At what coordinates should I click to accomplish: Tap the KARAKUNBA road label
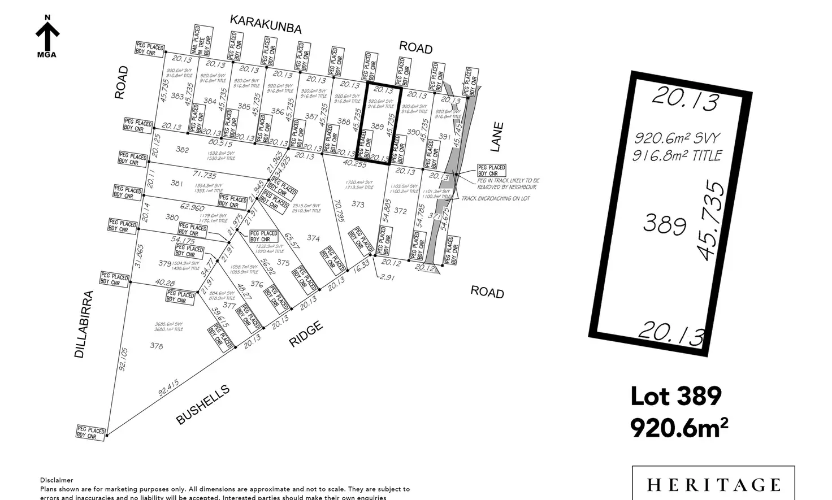coord(266,24)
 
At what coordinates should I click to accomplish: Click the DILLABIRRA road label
coord(83,324)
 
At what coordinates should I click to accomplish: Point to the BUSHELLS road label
coord(203,404)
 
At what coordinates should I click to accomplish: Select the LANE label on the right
coord(496,137)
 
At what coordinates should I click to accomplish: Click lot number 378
coord(156,346)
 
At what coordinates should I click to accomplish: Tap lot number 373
coord(358,204)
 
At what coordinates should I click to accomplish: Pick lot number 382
coord(182,150)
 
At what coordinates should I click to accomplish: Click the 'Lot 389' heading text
coord(676,396)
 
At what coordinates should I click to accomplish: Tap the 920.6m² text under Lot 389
coord(679,427)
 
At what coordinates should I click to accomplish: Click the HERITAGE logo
coord(713,484)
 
